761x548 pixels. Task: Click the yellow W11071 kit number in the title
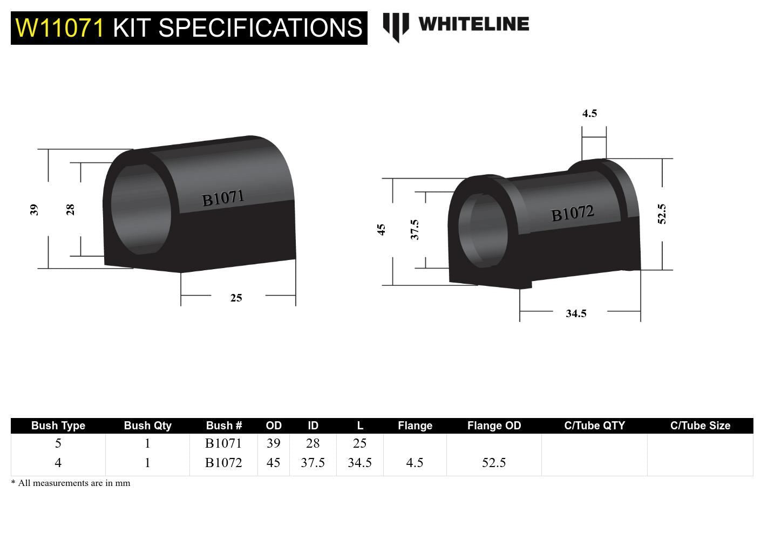59,28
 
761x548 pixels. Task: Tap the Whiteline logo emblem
396,27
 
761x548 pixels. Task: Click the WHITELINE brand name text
474,24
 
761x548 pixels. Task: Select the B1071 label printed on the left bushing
223,198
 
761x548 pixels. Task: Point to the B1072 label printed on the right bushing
573,214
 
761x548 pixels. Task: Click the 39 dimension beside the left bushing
35,209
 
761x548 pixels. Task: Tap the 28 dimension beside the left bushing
70,209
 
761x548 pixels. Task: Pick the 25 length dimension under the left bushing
236,298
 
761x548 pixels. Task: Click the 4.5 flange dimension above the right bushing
589,113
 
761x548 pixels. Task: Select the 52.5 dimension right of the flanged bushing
662,214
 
